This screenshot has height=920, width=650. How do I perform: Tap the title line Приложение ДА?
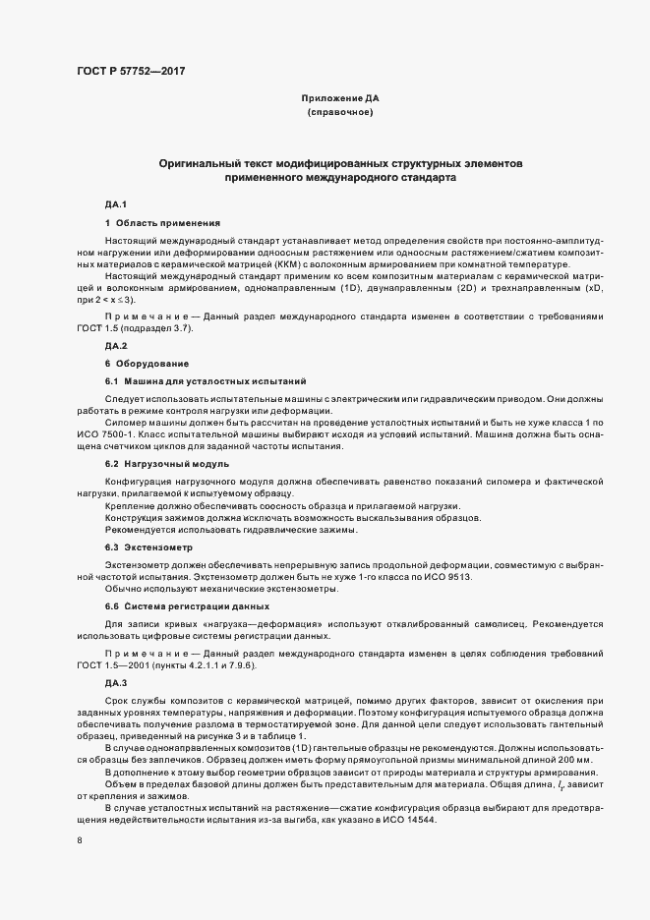click(339, 99)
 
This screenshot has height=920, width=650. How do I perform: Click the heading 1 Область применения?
click(155, 223)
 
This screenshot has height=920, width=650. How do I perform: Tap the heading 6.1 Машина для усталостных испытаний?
click(193, 380)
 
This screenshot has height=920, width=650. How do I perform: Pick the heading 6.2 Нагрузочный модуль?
click(167, 463)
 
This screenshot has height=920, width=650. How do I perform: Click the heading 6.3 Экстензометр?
click(148, 546)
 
